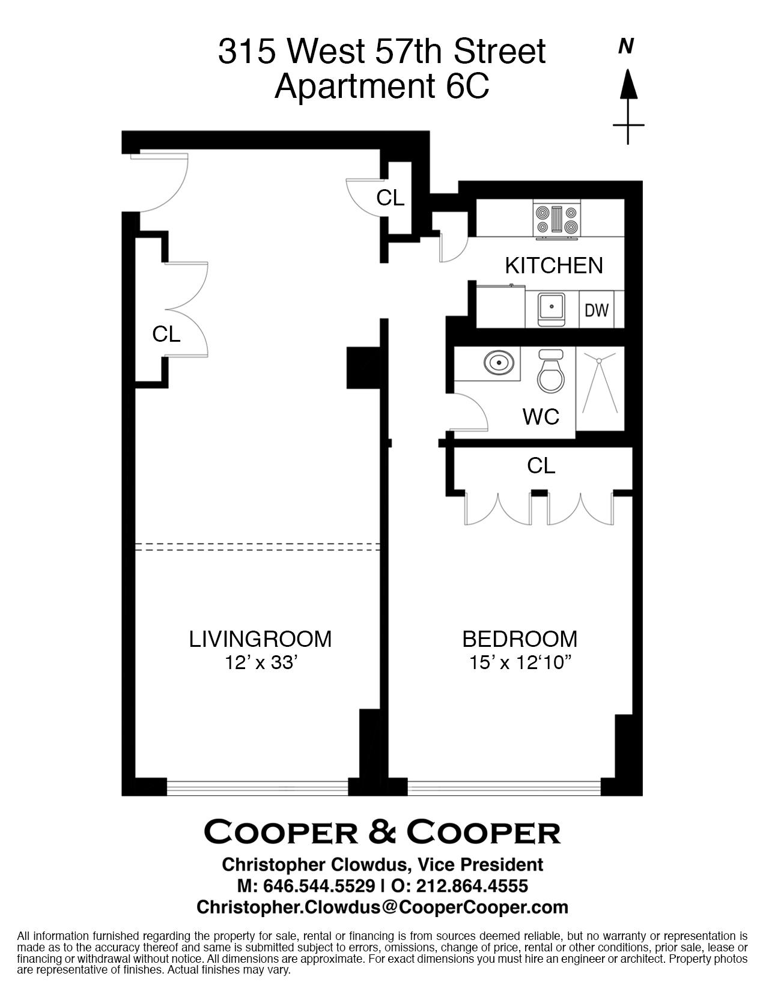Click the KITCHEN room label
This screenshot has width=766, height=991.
tap(554, 265)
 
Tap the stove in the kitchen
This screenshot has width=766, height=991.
tap(557, 220)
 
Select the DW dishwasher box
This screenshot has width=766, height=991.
tap(597, 310)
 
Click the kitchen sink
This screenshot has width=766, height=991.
tap(552, 308)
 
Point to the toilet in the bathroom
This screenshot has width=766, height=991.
tap(551, 371)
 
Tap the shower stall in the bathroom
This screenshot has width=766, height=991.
tap(600, 388)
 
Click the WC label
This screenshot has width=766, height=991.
tap(541, 416)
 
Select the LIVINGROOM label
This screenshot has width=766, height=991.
tap(260, 639)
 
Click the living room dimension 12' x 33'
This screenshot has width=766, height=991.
tap(261, 663)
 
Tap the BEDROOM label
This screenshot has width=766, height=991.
tap(520, 639)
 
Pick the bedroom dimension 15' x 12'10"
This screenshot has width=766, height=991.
tap(520, 663)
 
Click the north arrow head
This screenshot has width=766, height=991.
tap(628, 83)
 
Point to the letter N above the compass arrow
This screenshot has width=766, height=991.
tap(627, 46)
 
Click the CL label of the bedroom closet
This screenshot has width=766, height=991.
tap(541, 465)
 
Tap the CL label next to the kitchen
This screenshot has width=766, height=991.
tap(390, 198)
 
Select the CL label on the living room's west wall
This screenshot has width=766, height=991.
tap(166, 335)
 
